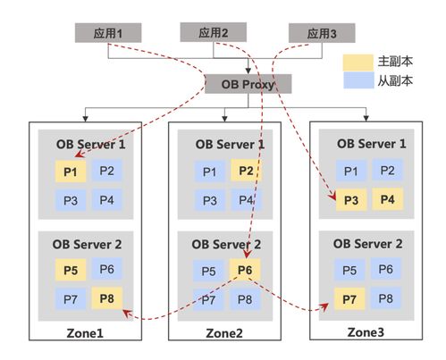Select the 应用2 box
coord(214,33)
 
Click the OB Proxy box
coord(240,85)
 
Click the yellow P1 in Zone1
coord(70,172)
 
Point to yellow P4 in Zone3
coord(387,198)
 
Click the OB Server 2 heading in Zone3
coord(368,243)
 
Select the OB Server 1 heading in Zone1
coord(88,144)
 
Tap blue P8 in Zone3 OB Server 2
coord(387,297)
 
